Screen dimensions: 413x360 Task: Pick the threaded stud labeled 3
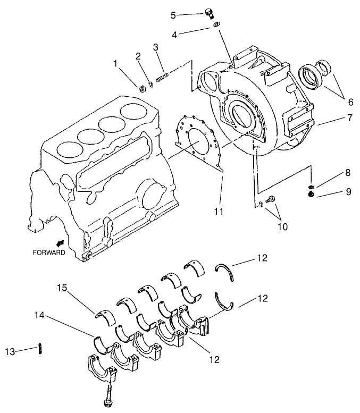[x=162, y=70]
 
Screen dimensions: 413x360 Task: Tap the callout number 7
[x=349, y=118]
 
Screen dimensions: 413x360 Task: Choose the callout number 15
[x=62, y=288]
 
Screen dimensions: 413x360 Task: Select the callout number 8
[x=348, y=172]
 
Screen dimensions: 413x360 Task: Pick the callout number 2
[x=138, y=56]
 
